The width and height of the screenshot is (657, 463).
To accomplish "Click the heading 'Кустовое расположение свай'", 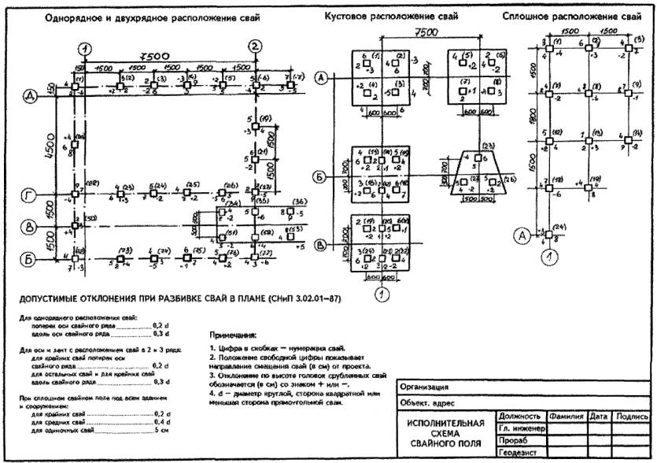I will [x=391, y=16].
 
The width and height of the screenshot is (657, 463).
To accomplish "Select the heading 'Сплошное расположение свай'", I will [x=570, y=16].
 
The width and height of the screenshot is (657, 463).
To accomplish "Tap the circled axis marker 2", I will [x=254, y=45].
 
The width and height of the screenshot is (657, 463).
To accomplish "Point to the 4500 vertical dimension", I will [x=49, y=146].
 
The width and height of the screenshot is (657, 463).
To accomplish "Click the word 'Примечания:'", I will [x=234, y=334].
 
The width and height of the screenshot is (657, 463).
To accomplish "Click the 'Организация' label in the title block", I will [x=425, y=387].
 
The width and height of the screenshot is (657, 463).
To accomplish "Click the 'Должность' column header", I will [x=519, y=416].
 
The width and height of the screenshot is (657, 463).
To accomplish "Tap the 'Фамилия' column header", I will [x=566, y=416].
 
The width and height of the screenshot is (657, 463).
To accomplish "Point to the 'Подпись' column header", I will [x=632, y=416].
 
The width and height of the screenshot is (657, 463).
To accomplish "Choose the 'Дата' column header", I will [x=600, y=416].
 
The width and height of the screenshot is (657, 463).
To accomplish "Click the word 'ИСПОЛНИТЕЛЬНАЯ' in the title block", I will [x=446, y=423].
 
